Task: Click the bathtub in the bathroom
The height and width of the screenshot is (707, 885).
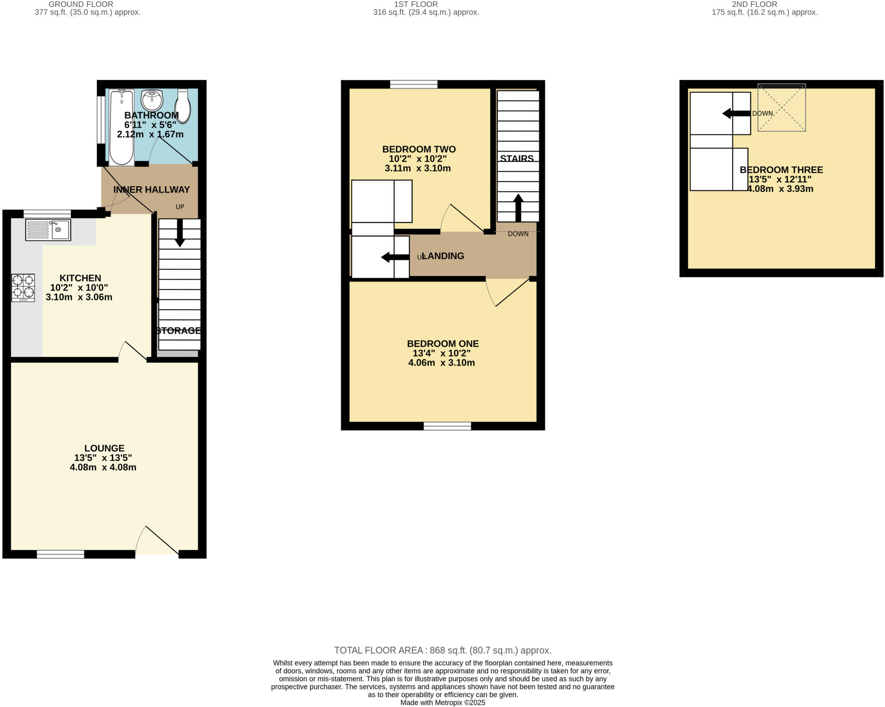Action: pyautogui.click(x=121, y=127)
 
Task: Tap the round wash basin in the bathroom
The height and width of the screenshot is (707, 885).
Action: pyautogui.click(x=152, y=100)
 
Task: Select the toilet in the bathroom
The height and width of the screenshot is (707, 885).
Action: pyautogui.click(x=183, y=106)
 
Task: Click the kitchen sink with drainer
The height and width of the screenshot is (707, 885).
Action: pyautogui.click(x=48, y=230)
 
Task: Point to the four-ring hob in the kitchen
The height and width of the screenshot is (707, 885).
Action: pyautogui.click(x=23, y=288)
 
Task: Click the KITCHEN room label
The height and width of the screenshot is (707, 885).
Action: pyautogui.click(x=80, y=278)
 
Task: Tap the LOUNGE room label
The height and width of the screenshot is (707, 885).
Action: pyautogui.click(x=104, y=448)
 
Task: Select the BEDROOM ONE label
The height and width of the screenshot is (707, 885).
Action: pyautogui.click(x=442, y=344)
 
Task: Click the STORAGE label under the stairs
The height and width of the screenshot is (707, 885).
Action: pyautogui.click(x=178, y=331)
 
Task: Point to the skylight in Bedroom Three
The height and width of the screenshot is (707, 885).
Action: pyautogui.click(x=781, y=108)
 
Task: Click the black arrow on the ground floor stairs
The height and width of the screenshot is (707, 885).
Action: pyautogui.click(x=180, y=233)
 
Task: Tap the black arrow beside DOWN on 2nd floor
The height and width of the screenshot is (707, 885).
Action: pyautogui.click(x=736, y=114)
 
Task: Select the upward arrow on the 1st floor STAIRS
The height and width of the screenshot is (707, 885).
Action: pyautogui.click(x=518, y=208)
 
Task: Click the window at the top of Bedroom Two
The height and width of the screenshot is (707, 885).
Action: pyautogui.click(x=414, y=84)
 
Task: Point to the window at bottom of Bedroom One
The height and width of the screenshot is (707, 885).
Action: pyautogui.click(x=447, y=426)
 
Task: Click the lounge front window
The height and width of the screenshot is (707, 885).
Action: pyautogui.click(x=60, y=555)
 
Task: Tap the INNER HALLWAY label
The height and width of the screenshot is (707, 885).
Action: pyautogui.click(x=151, y=190)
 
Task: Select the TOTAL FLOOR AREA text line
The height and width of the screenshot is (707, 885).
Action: pyautogui.click(x=442, y=650)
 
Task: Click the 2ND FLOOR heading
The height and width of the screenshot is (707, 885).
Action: pyautogui.click(x=754, y=4)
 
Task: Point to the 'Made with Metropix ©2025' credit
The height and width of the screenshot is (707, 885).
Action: pyautogui.click(x=442, y=703)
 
